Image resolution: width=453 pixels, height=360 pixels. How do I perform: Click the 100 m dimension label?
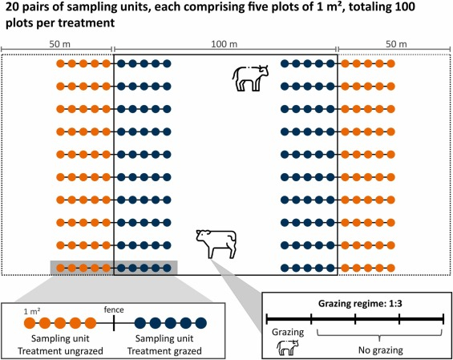[x=224, y=44]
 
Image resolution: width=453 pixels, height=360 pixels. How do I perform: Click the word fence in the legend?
[x=114, y=309]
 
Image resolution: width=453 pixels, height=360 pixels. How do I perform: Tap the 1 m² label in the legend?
[x=32, y=311]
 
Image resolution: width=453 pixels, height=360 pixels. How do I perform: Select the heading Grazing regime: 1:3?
[x=360, y=304]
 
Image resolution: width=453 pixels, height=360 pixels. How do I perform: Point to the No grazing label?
[x=381, y=350]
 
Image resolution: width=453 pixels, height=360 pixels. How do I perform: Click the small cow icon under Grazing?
[x=288, y=348]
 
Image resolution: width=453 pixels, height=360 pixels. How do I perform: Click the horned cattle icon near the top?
[x=250, y=79]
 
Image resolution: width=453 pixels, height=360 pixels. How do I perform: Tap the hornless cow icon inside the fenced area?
[x=216, y=244]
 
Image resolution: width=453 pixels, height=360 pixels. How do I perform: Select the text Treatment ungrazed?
[x=60, y=351]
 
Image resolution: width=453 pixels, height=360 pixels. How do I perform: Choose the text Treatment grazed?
[x=164, y=351]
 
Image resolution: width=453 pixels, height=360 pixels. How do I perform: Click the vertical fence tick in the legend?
[x=114, y=323]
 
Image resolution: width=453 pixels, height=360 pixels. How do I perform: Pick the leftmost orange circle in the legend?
[x=30, y=323]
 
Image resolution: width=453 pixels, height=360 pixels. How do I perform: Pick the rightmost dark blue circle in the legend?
[x=201, y=323]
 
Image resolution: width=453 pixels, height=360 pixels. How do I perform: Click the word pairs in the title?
[x=30, y=7]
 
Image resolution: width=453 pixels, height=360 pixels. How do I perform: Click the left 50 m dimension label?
[x=59, y=44]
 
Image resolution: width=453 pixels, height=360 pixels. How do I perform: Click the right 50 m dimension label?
[x=396, y=44]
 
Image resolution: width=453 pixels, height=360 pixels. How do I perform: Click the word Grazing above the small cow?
[x=288, y=332]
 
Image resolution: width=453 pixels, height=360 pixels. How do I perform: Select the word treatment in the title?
[x=90, y=22]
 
